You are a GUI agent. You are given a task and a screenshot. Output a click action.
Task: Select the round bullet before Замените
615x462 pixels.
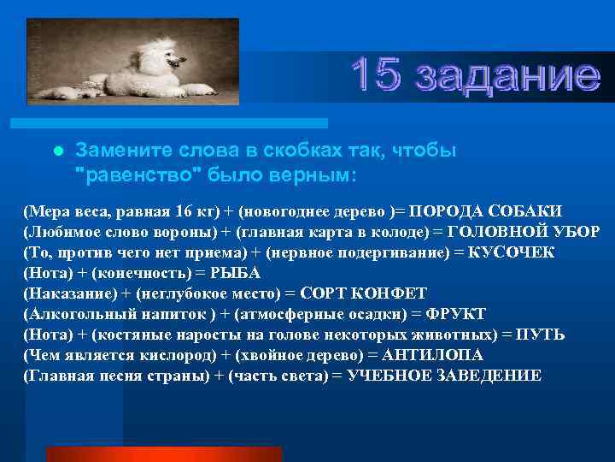(57, 151)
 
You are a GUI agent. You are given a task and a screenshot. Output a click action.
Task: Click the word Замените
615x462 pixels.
(115, 150)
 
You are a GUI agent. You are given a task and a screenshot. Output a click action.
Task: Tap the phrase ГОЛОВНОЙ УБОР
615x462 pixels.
(524, 232)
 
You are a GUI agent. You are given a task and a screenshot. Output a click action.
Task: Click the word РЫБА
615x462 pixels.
(239, 273)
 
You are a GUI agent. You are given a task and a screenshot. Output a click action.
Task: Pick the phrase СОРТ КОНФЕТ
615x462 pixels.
(360, 293)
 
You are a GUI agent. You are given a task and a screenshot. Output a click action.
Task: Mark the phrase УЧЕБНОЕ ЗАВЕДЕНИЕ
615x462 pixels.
(443, 376)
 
